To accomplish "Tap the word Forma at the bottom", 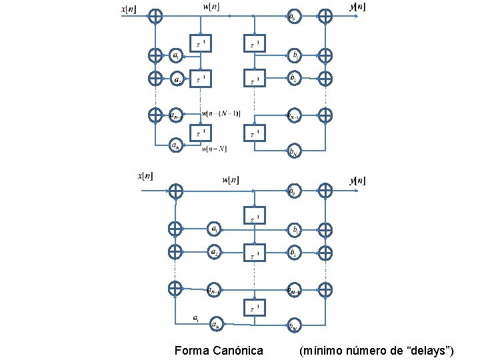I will point(189,350).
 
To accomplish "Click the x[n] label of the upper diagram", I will point(128,9).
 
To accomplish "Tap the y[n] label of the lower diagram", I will point(357,181).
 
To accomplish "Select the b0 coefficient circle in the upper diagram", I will point(293,17).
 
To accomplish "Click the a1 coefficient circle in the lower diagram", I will point(215,229).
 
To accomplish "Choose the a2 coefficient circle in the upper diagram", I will point(177,79).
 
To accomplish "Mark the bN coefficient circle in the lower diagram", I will point(293,325).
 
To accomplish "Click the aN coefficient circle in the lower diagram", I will point(215,325).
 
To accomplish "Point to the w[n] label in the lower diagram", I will point(231,179).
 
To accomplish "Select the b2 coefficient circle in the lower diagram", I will point(293,253).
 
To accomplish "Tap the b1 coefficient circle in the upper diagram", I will point(293,55).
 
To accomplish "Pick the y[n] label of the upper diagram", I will point(357,7).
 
